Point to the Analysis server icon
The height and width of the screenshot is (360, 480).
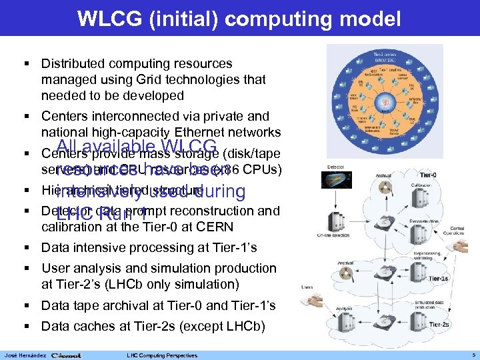361,326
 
